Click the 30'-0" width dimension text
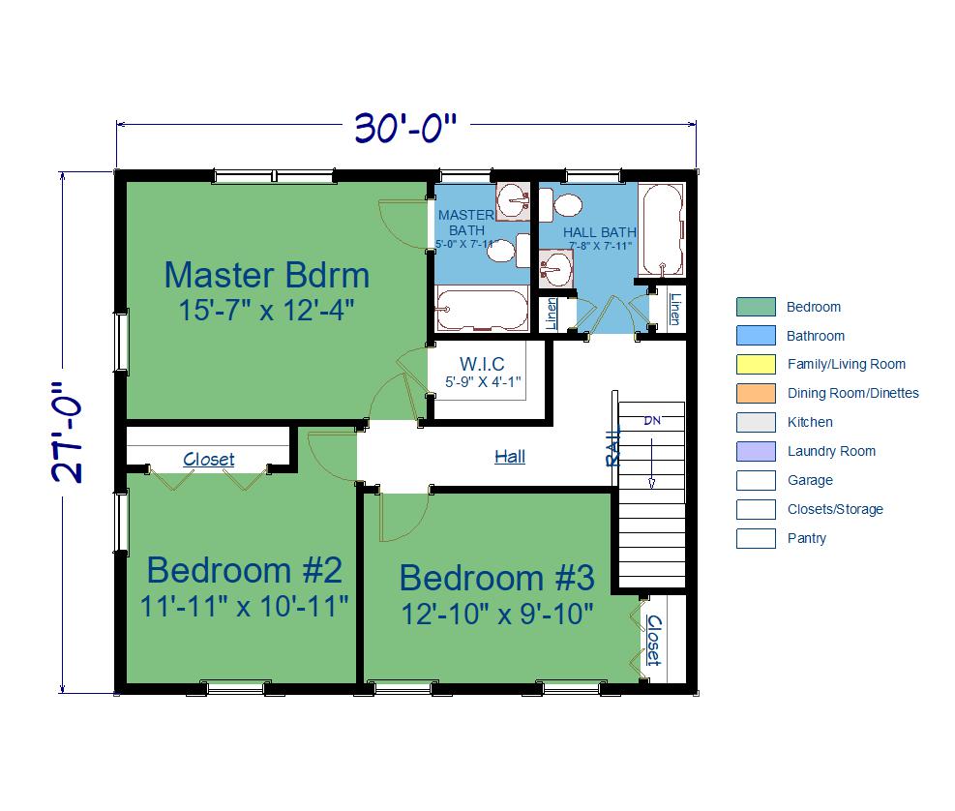pyautogui.click(x=405, y=128)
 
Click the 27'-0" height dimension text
pyautogui.click(x=66, y=433)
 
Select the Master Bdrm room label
pyautogui.click(x=267, y=275)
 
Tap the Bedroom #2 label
pyautogui.click(x=244, y=570)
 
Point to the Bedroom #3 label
pyautogui.click(x=497, y=578)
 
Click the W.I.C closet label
pyautogui.click(x=482, y=364)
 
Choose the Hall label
pyautogui.click(x=510, y=457)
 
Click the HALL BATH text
pyautogui.click(x=599, y=232)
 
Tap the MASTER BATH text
pyautogui.click(x=466, y=223)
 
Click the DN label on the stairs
pyautogui.click(x=652, y=420)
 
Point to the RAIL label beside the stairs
pyautogui.click(x=613, y=445)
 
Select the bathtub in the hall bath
pyautogui.click(x=662, y=229)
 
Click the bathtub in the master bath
pyautogui.click(x=482, y=309)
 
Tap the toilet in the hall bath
pyautogui.click(x=560, y=205)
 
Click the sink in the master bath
pyautogui.click(x=512, y=201)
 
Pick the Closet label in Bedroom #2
pyautogui.click(x=208, y=459)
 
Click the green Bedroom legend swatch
pyautogui.click(x=756, y=307)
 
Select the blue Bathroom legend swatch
pyautogui.click(x=756, y=335)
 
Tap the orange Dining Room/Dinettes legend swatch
pyautogui.click(x=756, y=393)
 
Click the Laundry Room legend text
pyautogui.click(x=831, y=451)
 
